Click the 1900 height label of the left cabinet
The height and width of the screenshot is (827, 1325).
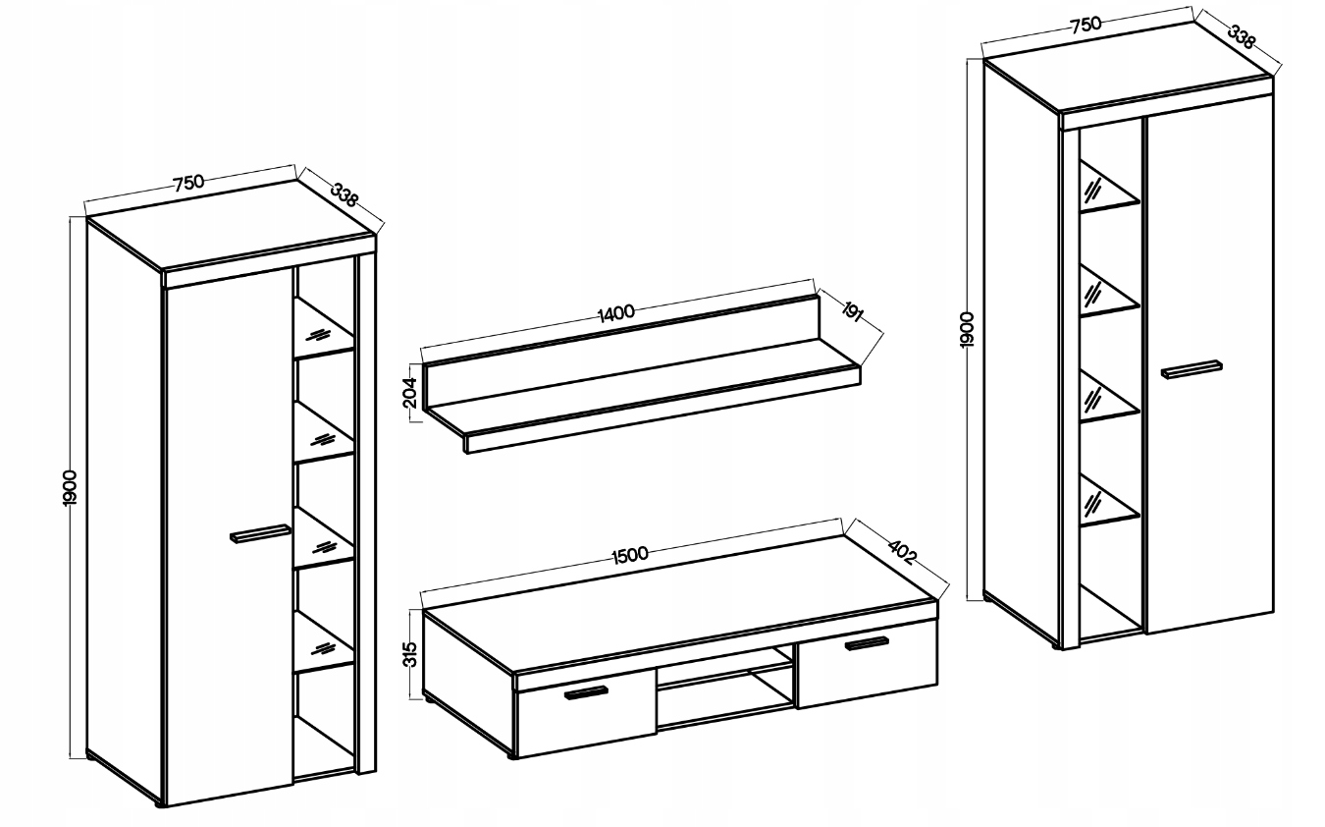click(x=70, y=488)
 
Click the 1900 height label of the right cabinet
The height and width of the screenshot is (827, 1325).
click(x=967, y=330)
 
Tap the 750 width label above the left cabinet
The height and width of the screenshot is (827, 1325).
click(x=188, y=183)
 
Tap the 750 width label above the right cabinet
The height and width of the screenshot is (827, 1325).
click(x=1086, y=25)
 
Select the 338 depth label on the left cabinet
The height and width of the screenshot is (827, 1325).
click(x=344, y=194)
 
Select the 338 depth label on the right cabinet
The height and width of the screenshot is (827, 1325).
click(x=1241, y=36)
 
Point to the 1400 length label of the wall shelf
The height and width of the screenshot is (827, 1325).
click(x=616, y=313)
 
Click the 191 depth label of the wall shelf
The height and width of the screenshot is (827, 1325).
click(x=851, y=311)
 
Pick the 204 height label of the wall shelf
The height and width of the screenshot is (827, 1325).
click(x=410, y=393)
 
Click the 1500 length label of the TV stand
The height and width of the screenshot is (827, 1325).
click(x=629, y=555)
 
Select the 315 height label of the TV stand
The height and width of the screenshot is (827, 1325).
click(x=410, y=654)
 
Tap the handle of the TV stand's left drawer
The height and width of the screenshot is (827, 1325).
click(x=586, y=692)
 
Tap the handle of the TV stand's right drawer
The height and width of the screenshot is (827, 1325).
click(x=867, y=642)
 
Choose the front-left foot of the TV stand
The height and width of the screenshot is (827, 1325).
click(x=512, y=756)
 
